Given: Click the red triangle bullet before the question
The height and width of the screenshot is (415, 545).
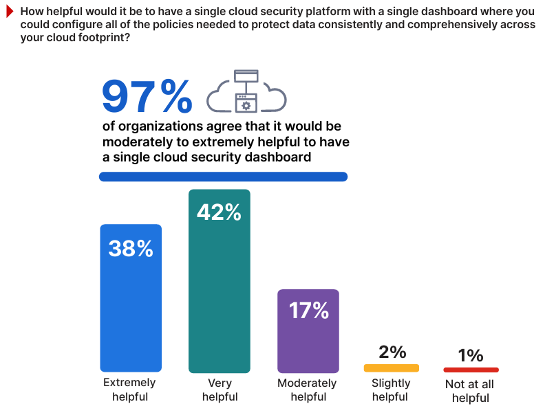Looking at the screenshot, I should pos(9,11).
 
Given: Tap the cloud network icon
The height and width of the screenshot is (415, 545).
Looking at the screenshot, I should pos(246,91).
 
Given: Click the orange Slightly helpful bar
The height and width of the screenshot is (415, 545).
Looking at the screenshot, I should pos(392,368).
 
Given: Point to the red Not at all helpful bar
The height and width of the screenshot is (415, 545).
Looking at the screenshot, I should pos(471,370).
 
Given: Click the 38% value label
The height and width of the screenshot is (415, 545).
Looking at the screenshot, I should pos(131,248).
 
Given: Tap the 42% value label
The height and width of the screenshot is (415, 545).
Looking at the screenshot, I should pos(220,212).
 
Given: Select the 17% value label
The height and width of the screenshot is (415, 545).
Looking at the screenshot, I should pos(308,311).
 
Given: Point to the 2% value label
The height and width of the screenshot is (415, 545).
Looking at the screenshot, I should pos(392,352).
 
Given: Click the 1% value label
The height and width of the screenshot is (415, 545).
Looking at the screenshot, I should pos(471,355).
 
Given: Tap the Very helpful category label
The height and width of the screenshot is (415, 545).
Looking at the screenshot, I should pos(220,390).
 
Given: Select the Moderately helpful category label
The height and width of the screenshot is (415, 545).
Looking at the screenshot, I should pos(308,390).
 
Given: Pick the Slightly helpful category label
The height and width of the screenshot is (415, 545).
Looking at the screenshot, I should pos(391,390).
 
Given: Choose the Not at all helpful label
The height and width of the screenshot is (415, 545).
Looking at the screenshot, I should pos(471,391).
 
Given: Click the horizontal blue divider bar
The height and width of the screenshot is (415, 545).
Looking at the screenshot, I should pos(223,177).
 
